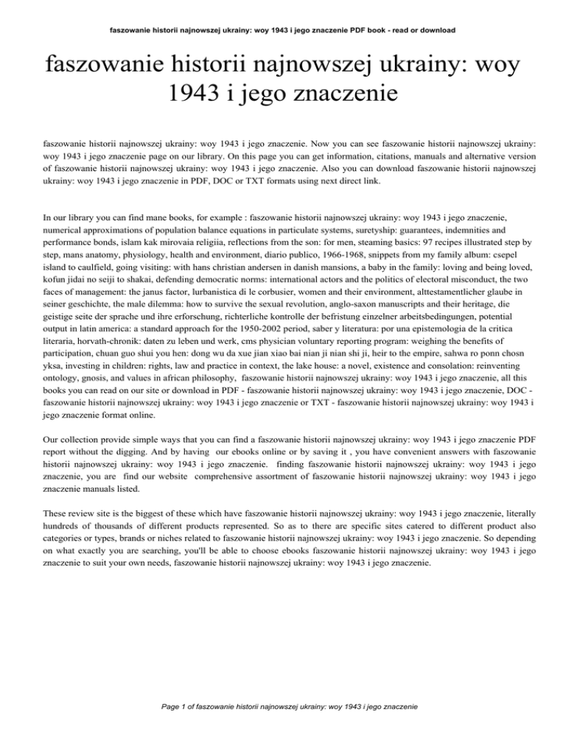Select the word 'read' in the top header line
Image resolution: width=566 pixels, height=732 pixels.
click(x=386, y=30)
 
